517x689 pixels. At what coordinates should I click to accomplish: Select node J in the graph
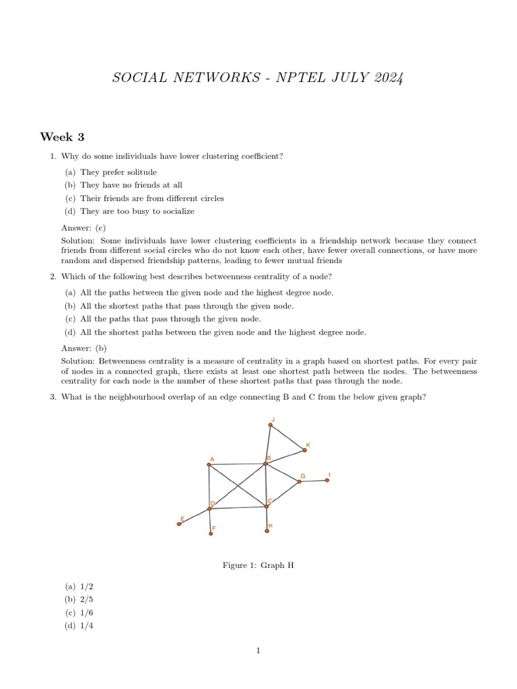(x=271, y=425)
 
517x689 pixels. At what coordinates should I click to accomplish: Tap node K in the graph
(x=304, y=450)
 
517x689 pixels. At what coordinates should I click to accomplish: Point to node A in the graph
(x=209, y=465)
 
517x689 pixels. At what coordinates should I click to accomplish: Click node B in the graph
(x=266, y=464)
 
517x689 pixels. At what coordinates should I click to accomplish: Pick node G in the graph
(x=300, y=481)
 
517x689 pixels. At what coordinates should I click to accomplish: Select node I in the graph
(x=327, y=480)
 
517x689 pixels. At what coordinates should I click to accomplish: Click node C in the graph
(x=267, y=506)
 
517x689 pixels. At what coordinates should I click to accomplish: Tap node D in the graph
(x=209, y=509)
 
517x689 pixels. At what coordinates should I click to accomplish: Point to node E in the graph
(x=179, y=524)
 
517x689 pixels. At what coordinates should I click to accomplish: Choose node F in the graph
(x=211, y=534)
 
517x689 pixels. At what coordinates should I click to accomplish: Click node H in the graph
(x=267, y=531)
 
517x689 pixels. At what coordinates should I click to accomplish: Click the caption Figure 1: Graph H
(x=258, y=566)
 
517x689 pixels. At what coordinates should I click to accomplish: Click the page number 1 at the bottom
(x=258, y=651)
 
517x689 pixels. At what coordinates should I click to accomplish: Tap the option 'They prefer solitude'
(x=118, y=172)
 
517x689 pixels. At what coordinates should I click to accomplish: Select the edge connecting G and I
(x=314, y=481)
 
